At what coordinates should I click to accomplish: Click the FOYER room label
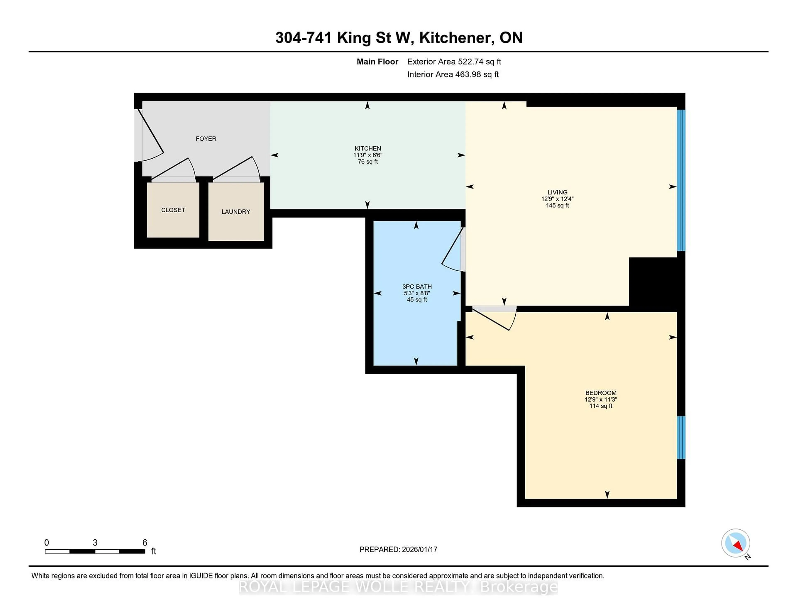coord(206,139)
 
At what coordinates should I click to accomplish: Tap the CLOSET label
coord(173,210)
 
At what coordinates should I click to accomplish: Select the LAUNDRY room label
coord(236,212)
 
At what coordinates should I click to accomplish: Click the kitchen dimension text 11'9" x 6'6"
coord(368,155)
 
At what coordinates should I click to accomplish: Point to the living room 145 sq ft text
coord(557,205)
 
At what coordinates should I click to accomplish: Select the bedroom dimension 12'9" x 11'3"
coord(601,399)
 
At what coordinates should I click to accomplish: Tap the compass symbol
coord(735,543)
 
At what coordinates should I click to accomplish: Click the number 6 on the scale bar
coord(144,543)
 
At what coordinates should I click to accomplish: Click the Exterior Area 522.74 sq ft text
coord(454,62)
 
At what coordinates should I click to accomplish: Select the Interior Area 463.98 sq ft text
coord(452,75)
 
